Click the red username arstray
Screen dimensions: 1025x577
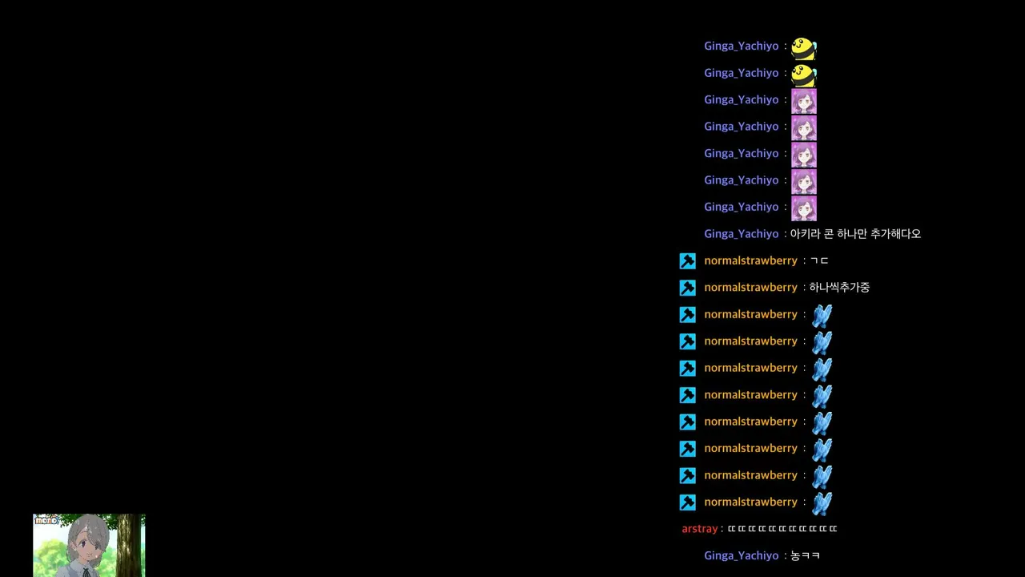699,529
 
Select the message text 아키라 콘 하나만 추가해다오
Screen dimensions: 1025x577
855,233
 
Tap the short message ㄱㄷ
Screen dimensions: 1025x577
819,260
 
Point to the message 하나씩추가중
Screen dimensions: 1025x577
839,287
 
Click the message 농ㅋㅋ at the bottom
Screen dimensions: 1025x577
805,555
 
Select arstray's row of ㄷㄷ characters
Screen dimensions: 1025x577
782,528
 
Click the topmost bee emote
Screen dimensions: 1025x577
804,49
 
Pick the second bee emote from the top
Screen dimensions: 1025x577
804,75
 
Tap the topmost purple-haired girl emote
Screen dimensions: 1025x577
804,102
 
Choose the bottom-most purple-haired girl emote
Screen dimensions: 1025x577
804,209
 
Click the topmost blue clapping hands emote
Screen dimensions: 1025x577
822,316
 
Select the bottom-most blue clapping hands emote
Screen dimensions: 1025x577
822,504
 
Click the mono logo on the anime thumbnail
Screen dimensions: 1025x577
47,520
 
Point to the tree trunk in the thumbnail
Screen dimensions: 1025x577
129,545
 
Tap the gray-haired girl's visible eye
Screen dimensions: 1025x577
84,544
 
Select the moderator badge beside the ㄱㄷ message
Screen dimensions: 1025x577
687,261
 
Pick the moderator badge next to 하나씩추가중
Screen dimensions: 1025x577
687,288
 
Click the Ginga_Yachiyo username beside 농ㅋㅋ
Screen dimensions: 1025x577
742,555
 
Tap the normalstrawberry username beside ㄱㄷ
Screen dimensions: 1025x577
750,260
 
